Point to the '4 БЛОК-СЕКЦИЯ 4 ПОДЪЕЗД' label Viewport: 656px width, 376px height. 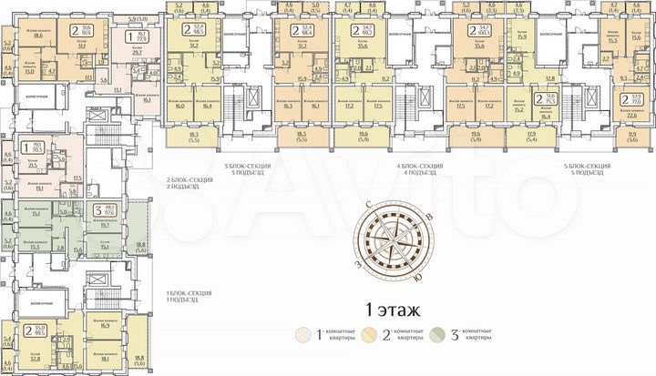420,168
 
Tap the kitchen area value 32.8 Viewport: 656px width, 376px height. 38,358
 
